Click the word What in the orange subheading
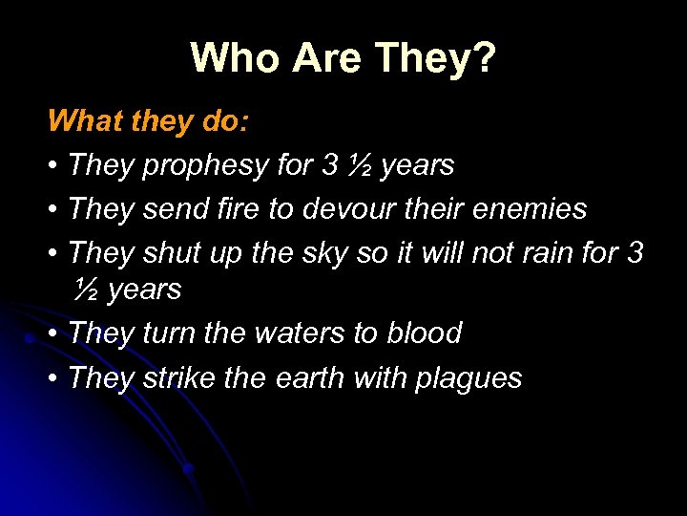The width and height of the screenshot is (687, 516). [x=79, y=120]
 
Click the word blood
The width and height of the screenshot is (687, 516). [x=424, y=333]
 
